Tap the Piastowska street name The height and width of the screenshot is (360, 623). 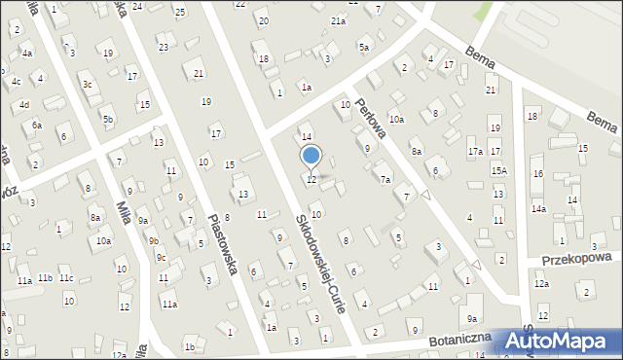224,244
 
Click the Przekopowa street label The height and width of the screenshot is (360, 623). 582,259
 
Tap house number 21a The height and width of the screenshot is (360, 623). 338,20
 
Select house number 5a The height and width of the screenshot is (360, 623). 364,47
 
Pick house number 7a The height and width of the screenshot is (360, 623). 385,180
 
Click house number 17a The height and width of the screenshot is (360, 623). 475,152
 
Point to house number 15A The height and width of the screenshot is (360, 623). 498,170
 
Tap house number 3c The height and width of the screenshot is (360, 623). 87,84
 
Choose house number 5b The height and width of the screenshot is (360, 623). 108,120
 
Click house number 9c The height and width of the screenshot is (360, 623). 162,258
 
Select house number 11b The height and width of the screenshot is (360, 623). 45,278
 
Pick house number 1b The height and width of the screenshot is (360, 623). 190,346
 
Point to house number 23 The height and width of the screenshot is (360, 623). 163,47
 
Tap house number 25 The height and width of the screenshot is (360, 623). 180,12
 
